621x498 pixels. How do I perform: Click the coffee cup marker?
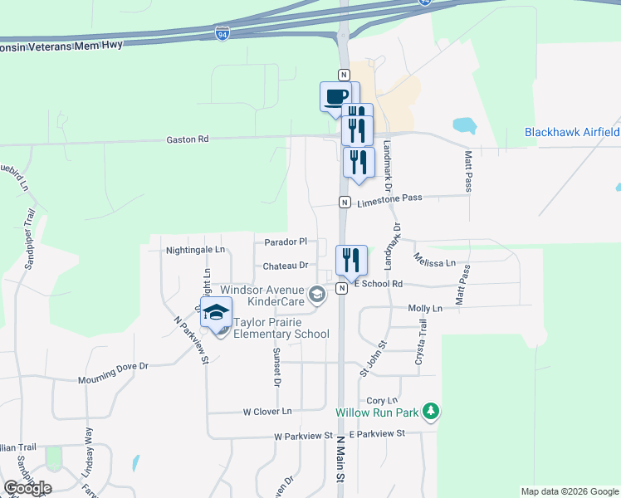(336, 96)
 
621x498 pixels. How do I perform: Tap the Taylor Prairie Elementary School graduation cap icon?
(217, 313)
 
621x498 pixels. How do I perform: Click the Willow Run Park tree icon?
(430, 410)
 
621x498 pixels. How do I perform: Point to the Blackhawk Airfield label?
(572, 132)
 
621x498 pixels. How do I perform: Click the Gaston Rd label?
(187, 140)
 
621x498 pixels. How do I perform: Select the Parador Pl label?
(286, 242)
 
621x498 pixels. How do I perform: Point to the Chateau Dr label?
(286, 266)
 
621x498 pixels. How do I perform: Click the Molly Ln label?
(425, 308)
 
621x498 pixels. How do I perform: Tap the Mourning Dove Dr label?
(113, 371)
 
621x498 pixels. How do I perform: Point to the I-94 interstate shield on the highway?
(222, 34)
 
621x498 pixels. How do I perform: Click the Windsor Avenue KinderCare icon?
(316, 294)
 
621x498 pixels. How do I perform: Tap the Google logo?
(28, 488)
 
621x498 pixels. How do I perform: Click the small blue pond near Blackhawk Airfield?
(464, 126)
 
